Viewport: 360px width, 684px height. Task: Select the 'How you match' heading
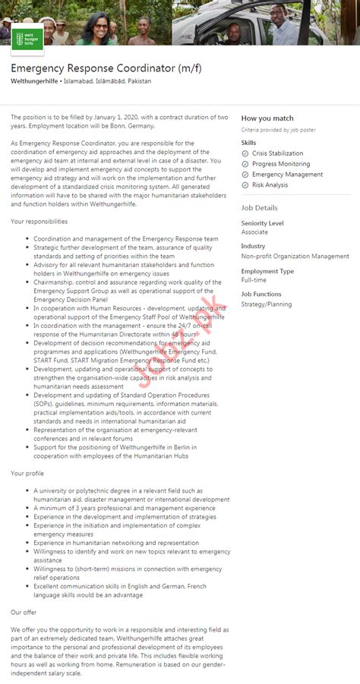click(267, 118)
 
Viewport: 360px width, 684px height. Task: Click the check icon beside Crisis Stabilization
click(245, 153)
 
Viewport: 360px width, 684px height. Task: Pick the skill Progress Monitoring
click(280, 164)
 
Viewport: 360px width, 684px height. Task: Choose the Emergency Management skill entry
click(287, 175)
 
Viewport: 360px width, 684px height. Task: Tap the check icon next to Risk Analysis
click(245, 185)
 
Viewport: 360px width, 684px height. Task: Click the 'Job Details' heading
click(259, 207)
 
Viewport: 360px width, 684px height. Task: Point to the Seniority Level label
click(262, 223)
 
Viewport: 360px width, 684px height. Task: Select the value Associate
click(254, 232)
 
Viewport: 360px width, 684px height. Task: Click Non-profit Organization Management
click(295, 257)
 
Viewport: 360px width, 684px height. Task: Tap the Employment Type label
click(267, 271)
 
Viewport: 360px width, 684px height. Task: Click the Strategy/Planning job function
click(266, 304)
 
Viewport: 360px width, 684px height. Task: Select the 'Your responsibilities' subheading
click(39, 222)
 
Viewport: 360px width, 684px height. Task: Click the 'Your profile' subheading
click(27, 473)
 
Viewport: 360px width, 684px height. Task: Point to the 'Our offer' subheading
click(24, 611)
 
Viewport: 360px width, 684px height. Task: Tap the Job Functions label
click(261, 295)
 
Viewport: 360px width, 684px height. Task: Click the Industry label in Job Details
click(253, 247)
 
